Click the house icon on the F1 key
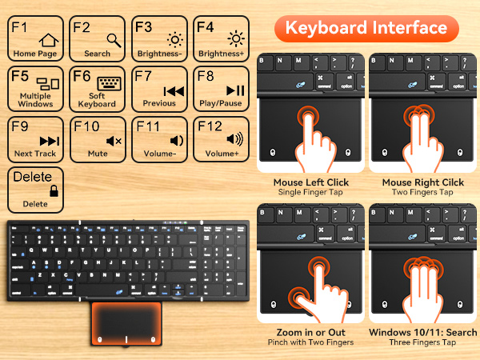pyautogui.click(x=49, y=38)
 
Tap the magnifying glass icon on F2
pyautogui.click(x=113, y=38)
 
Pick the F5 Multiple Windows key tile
pyautogui.click(x=35, y=89)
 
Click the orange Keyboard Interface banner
pyautogui.click(x=366, y=27)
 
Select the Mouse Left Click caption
pyautogui.click(x=308, y=182)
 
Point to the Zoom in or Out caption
pyautogui.click(x=308, y=332)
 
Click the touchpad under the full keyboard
pyautogui.click(x=127, y=323)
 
